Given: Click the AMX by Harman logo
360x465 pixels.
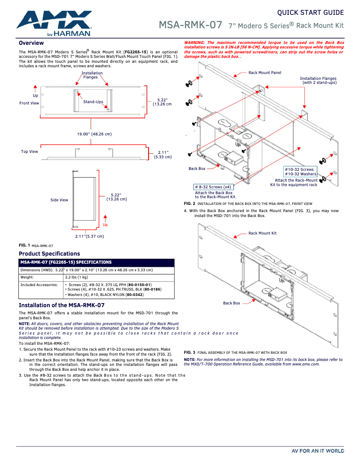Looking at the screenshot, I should click(x=54, y=23).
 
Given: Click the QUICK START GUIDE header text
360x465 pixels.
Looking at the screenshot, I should click(x=310, y=12).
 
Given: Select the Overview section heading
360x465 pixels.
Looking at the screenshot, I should click(x=31, y=43).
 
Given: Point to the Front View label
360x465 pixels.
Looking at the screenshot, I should click(x=29, y=103).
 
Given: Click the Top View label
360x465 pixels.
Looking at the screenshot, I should click(x=30, y=152).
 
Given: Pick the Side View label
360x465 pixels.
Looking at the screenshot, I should click(x=59, y=200).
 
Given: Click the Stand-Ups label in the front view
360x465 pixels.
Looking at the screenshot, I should click(x=93, y=102).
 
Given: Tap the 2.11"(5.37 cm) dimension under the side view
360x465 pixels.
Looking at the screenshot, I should click(x=89, y=236).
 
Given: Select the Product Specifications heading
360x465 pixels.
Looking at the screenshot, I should click(x=49, y=254).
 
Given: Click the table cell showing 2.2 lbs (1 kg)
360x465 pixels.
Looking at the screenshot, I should click(x=76, y=278).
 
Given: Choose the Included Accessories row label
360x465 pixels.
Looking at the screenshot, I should click(x=39, y=285).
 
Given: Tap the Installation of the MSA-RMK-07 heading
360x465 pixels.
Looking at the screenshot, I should click(x=61, y=305).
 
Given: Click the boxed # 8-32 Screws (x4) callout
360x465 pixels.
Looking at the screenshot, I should click(x=213, y=187).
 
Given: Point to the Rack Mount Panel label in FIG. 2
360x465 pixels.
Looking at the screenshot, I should click(x=265, y=73).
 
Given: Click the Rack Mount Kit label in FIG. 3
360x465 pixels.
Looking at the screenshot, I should click(x=263, y=233).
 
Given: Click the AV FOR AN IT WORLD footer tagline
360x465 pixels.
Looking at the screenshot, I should click(x=318, y=451).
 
